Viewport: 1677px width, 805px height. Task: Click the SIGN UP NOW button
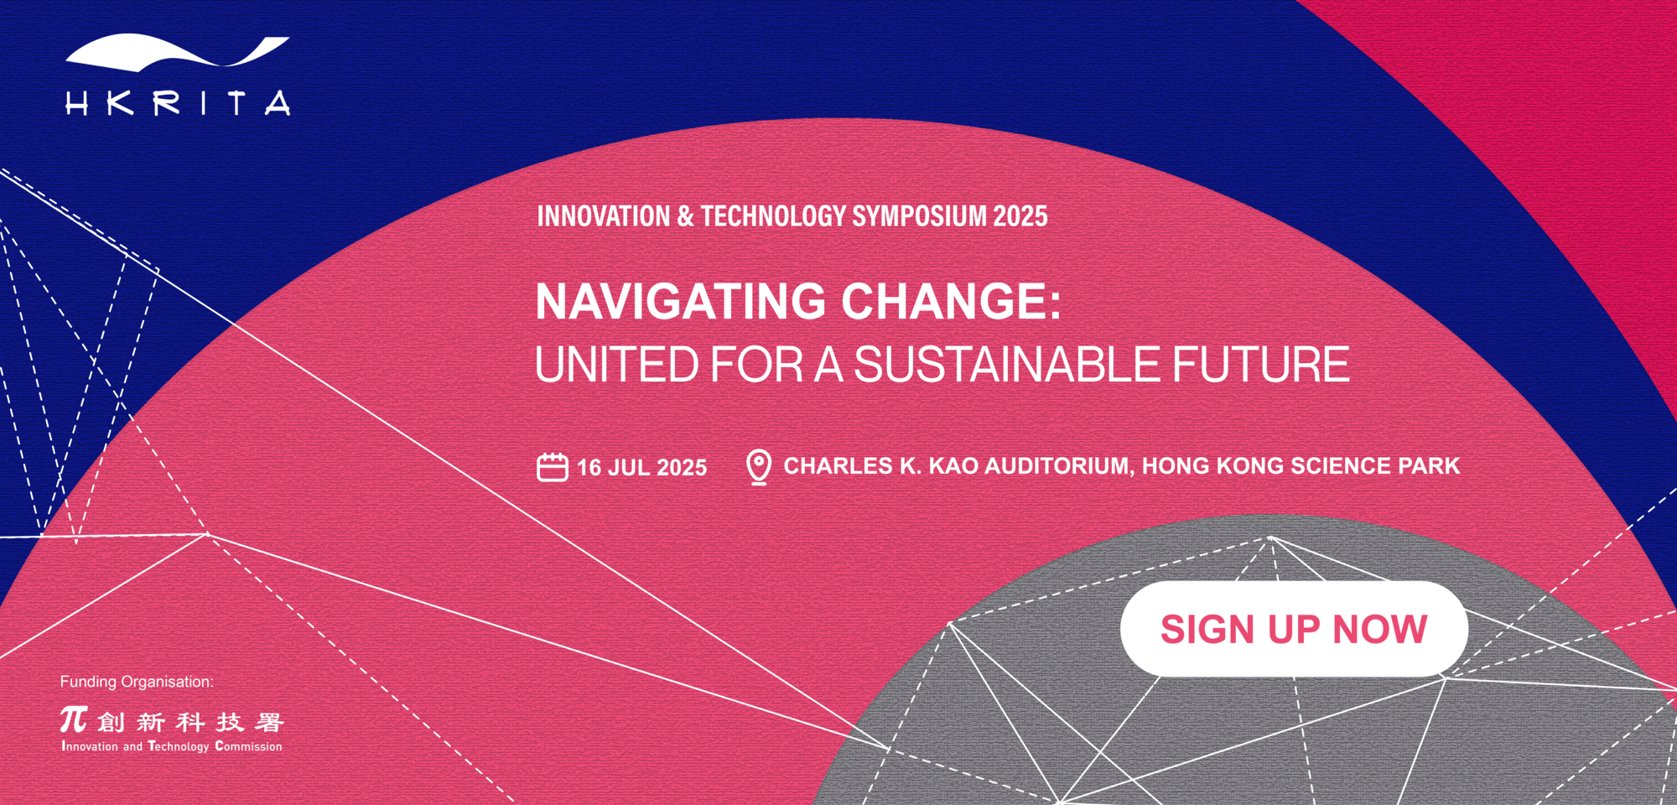(x=1294, y=629)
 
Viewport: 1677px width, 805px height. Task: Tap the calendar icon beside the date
(x=553, y=467)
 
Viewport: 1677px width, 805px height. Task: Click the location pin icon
(x=759, y=467)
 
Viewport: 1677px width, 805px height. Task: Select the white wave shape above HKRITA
(x=178, y=52)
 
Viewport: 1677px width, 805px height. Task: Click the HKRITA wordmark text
(x=178, y=103)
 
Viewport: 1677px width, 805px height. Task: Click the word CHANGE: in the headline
(x=952, y=301)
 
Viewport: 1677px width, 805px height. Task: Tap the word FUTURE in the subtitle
(x=1261, y=365)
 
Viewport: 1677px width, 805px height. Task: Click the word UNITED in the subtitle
(x=617, y=365)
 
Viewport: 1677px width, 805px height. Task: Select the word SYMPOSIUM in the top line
(x=920, y=216)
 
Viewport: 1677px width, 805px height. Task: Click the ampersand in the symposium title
(x=686, y=216)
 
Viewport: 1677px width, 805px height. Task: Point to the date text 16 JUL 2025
(x=641, y=468)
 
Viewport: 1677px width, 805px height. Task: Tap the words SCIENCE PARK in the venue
(x=1375, y=466)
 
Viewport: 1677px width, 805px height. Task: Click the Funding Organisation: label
(x=137, y=682)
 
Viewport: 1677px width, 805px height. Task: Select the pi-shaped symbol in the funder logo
(x=74, y=719)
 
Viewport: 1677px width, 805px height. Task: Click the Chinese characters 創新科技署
(x=190, y=722)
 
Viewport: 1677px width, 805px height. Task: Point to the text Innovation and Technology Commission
(x=172, y=746)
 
